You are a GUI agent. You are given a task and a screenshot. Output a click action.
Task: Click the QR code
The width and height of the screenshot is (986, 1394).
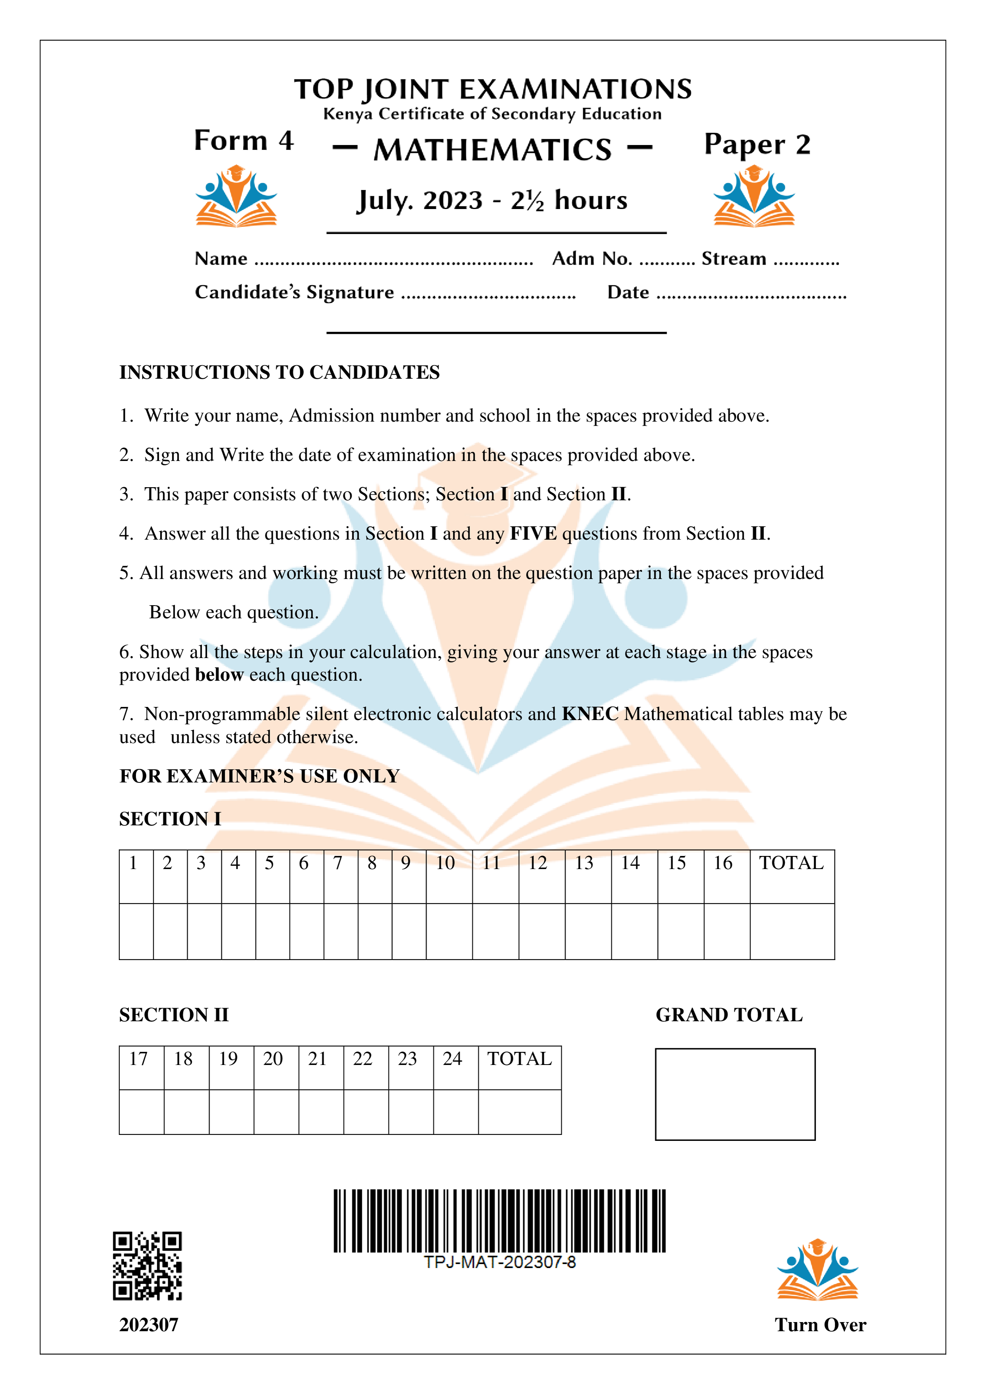click(147, 1266)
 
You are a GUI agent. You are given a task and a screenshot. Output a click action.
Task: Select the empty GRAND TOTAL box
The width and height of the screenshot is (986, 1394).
click(735, 1094)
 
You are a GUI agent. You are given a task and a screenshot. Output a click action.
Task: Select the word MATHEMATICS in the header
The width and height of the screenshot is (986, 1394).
click(493, 149)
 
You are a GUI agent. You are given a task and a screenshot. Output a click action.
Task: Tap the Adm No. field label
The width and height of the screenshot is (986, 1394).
click(592, 259)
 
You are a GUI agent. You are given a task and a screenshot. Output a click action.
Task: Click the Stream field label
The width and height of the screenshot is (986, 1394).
click(734, 259)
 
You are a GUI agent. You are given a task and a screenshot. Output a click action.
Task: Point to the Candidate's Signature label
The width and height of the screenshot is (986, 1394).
click(294, 292)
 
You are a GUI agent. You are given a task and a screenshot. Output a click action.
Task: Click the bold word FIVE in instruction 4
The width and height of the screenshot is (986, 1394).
click(533, 533)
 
